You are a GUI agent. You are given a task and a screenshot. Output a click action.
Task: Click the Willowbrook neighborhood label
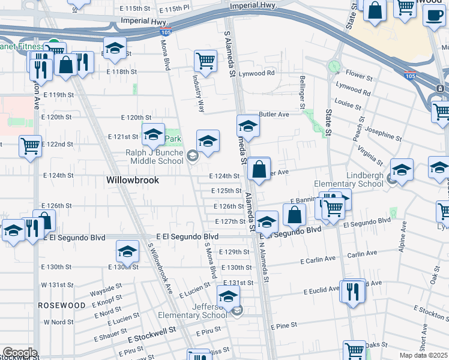tap(131, 179)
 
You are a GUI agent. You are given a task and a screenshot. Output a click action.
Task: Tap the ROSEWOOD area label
tap(62, 305)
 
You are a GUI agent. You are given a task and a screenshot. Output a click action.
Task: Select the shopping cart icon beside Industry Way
tap(205, 61)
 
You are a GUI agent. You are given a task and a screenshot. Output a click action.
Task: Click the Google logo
tap(20, 353)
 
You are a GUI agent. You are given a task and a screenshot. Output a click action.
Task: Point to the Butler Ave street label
tap(274, 114)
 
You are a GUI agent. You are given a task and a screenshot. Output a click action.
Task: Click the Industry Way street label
tap(198, 93)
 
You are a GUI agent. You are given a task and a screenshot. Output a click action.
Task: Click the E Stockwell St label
tap(151, 330)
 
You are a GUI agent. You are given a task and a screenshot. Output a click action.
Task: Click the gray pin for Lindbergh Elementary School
tap(391, 179)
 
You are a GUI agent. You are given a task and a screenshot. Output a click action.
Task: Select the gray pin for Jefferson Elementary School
tap(237, 311)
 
